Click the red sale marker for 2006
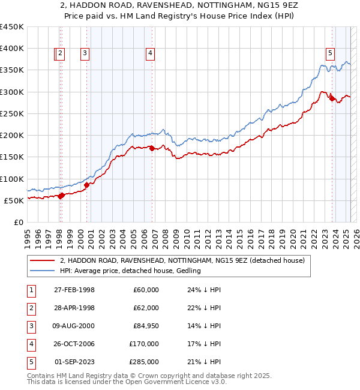tap(152, 148)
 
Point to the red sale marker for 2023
tap(332, 99)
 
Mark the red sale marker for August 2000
tap(86, 185)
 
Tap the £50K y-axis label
tap(14, 200)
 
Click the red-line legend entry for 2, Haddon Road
tap(182, 260)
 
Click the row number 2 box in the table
tap(31, 308)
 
